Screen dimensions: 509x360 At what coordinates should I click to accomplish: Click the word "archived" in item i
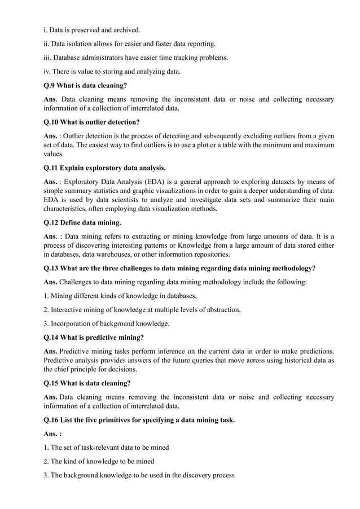click(124, 29)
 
